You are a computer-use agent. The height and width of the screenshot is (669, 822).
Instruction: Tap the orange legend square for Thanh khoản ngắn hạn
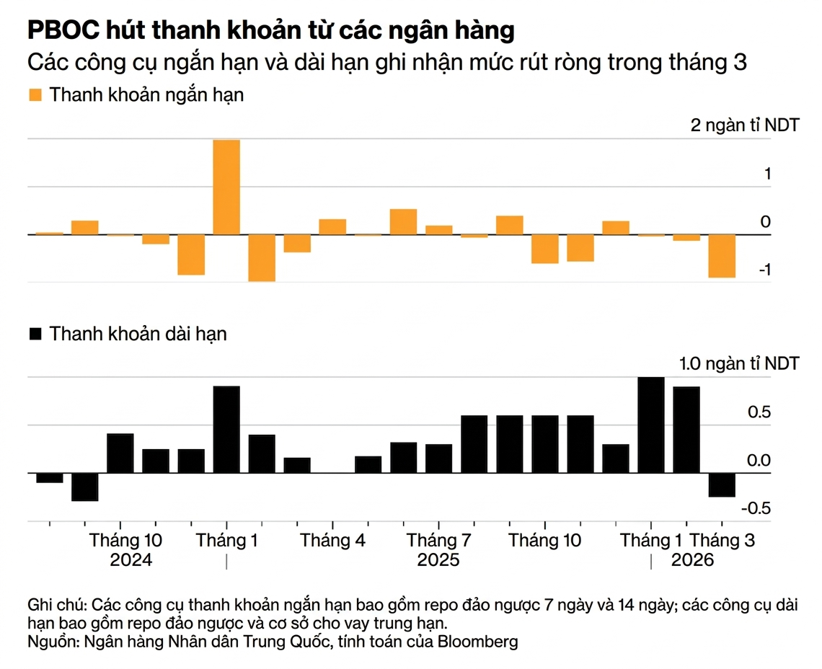point(35,94)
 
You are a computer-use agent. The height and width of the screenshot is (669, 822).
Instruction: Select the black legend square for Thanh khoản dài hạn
point(35,334)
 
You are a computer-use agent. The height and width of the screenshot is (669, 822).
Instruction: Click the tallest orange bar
point(226,187)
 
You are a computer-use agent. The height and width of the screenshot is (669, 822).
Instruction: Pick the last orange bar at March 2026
point(722,256)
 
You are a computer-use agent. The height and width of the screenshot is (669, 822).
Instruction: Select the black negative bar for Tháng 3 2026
point(722,484)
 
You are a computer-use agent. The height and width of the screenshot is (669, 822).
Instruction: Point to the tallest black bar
point(651,425)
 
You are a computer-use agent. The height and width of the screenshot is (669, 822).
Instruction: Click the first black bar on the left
point(50,477)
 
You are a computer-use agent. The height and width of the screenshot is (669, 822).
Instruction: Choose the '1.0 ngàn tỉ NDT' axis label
point(739,363)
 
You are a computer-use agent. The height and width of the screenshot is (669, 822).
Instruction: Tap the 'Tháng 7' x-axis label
point(438,540)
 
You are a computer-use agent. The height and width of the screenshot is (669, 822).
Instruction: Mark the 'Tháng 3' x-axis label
point(722,540)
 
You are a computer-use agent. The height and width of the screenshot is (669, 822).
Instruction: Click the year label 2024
point(131,560)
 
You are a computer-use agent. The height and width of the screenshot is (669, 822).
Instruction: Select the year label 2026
point(692,560)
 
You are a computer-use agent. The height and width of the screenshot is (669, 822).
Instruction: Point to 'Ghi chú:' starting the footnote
point(56,604)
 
